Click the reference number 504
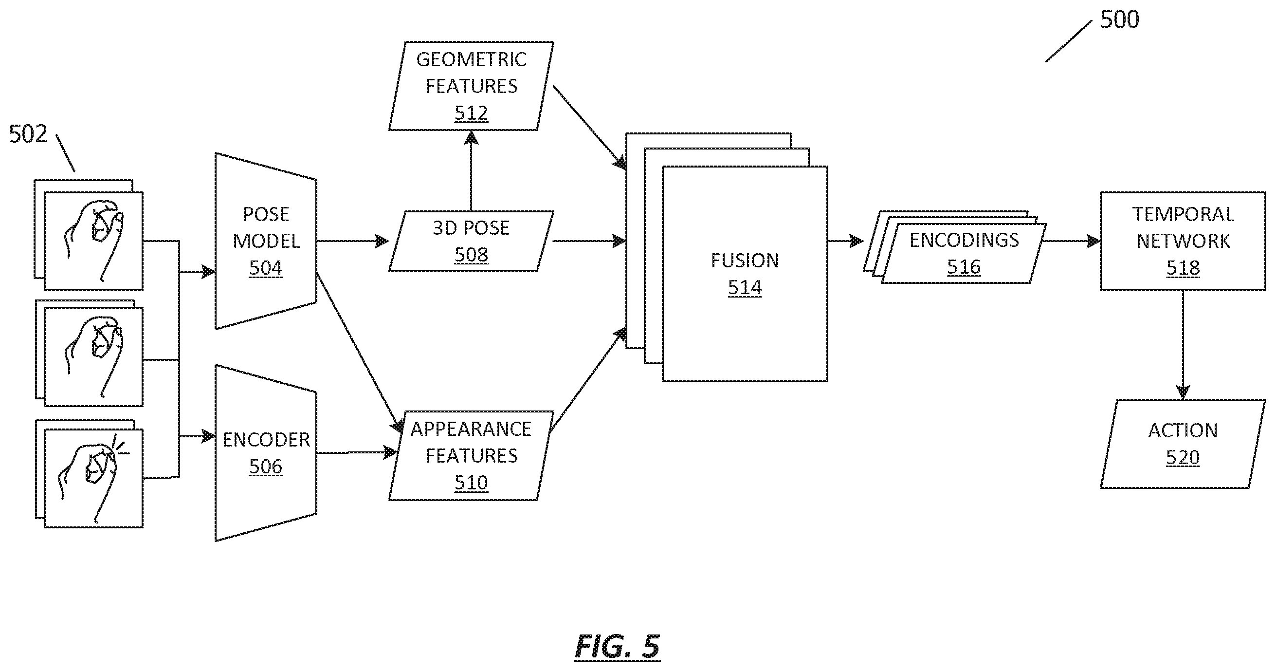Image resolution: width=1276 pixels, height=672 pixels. click(266, 268)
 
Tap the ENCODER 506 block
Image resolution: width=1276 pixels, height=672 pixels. click(266, 453)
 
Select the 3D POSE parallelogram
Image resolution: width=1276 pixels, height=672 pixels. click(471, 241)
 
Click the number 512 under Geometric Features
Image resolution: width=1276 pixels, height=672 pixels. click(471, 113)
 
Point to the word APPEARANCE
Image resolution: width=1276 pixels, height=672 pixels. click(471, 429)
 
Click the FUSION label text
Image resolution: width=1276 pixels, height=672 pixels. click(745, 261)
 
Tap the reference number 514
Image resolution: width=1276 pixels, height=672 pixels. click(745, 287)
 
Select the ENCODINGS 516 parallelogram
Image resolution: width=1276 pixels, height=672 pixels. click(964, 253)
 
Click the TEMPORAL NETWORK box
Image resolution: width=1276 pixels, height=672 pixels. click(1183, 241)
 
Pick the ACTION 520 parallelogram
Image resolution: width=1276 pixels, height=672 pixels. click(1183, 444)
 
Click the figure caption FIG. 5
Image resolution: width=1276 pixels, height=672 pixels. click(617, 646)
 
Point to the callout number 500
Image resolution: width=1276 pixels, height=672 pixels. click(1119, 20)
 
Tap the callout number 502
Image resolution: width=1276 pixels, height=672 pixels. click(28, 134)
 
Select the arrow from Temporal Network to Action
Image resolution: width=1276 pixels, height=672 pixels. click(1183, 345)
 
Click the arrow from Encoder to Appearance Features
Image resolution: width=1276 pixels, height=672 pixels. click(357, 452)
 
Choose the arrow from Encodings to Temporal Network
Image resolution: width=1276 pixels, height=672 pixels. click(1071, 242)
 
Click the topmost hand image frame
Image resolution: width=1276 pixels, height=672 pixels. click(93, 241)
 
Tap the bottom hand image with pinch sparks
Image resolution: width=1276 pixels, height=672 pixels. click(93, 478)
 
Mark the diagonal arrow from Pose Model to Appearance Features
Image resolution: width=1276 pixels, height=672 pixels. click(359, 353)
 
